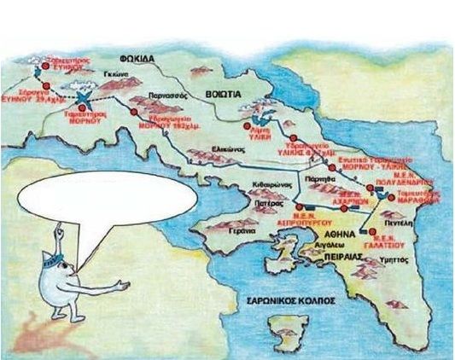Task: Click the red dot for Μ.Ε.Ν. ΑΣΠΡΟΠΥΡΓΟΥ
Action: (298, 206)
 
